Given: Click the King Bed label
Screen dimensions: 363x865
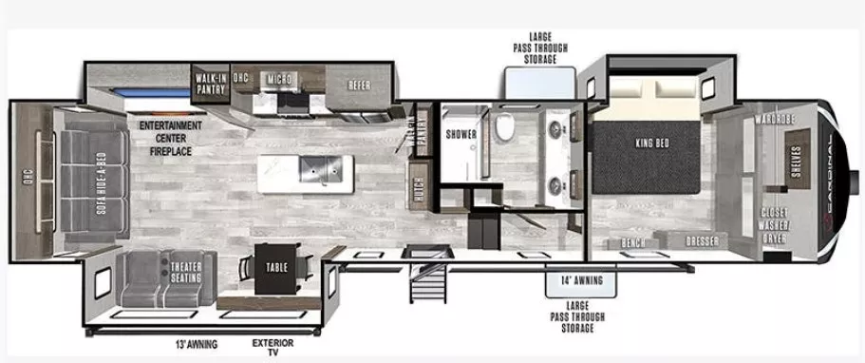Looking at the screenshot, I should point(653,143).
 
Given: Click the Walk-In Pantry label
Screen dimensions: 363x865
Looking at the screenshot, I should point(210,84).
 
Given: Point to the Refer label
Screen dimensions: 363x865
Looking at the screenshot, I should point(358,84).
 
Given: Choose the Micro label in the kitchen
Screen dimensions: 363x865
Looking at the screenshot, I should point(279,77).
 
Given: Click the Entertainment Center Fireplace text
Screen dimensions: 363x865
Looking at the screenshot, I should point(171,138).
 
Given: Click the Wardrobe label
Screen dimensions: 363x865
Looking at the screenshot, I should point(775,121).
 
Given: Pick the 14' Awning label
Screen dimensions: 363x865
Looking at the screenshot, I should point(580,280).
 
